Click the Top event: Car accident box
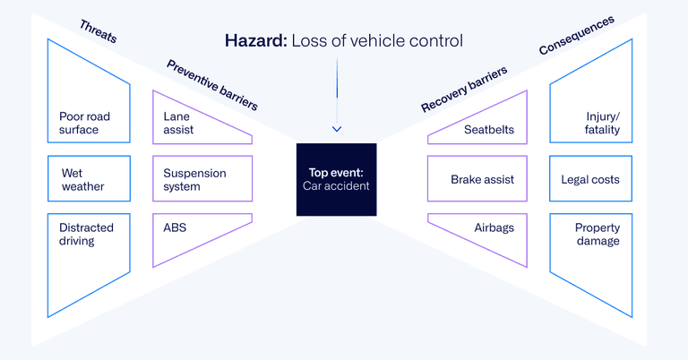point(337,179)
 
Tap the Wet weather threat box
point(89,179)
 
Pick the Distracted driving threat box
point(88,251)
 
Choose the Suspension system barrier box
point(202,179)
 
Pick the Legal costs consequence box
point(590,179)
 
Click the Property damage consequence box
point(590,251)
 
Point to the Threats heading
point(98,32)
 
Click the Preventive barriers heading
point(211,84)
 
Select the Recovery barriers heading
point(464,90)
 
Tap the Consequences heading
point(576,35)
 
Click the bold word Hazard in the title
point(254,40)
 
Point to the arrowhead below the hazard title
point(337,129)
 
